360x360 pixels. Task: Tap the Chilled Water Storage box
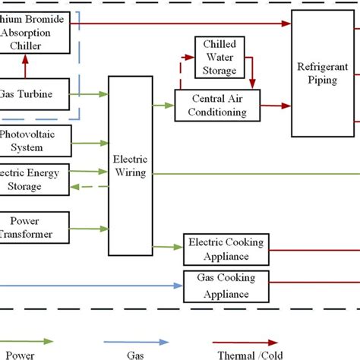coord(219,57)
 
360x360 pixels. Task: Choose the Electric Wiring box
coord(129,166)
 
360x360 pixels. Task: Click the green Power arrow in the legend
coord(31,342)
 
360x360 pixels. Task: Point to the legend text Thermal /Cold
coord(251,355)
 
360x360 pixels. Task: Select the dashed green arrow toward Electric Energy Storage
coord(88,187)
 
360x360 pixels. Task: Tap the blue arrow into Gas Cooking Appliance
coord(91,286)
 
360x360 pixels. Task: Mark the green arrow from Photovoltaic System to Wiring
coord(90,141)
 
